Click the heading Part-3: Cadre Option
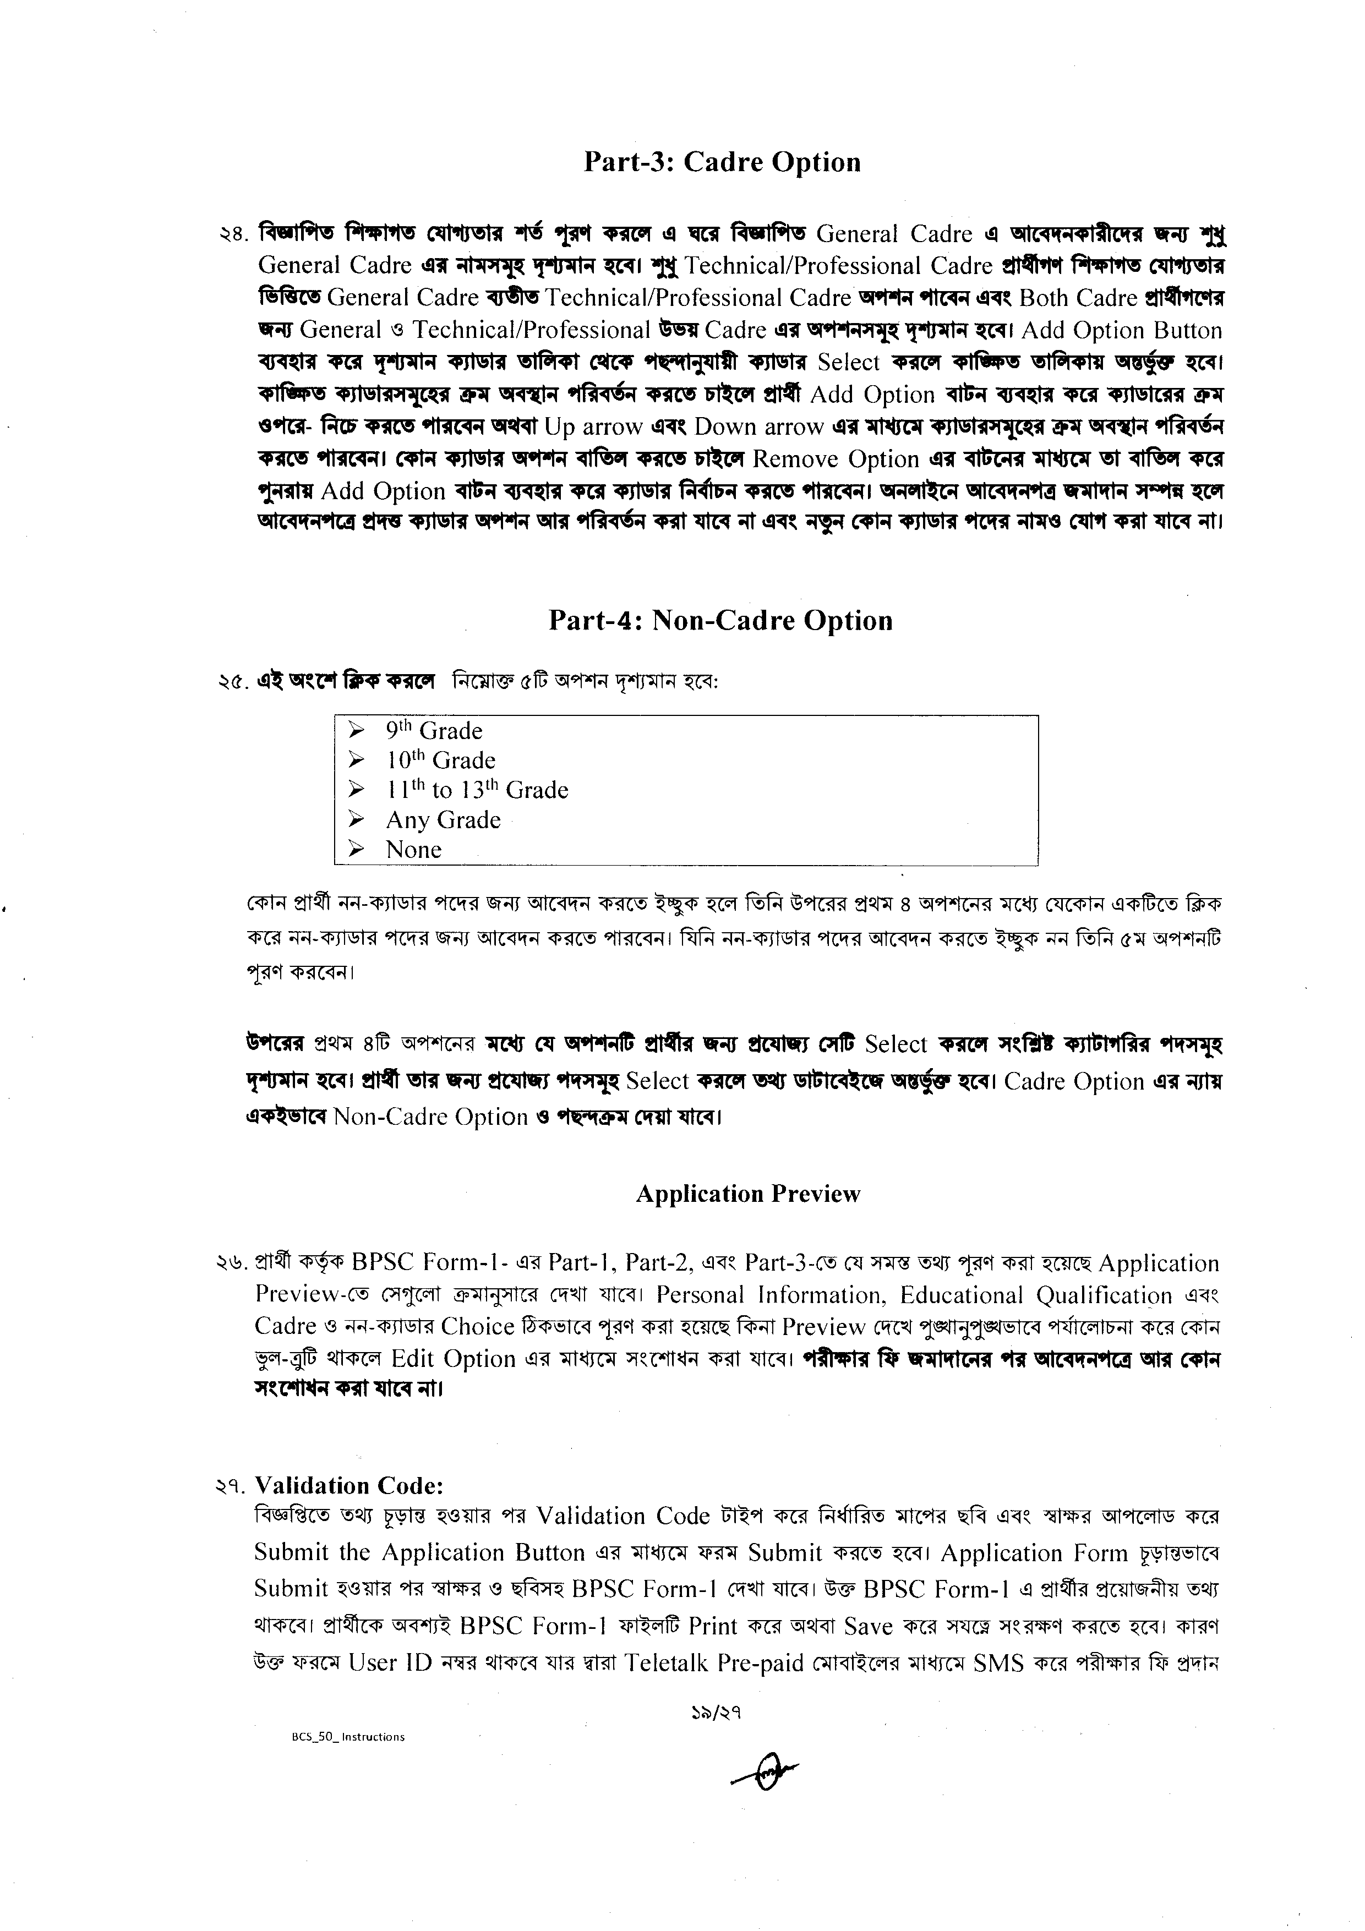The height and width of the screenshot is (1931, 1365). tap(722, 162)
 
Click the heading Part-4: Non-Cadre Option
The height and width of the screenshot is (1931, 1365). tap(720, 621)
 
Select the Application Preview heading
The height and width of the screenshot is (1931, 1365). tap(747, 1194)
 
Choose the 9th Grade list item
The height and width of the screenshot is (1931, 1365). tap(434, 730)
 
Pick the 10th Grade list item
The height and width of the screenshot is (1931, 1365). tap(441, 761)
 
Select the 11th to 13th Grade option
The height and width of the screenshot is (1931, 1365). tap(477, 790)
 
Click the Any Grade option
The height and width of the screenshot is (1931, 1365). tap(443, 820)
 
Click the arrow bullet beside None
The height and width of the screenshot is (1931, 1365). tap(357, 850)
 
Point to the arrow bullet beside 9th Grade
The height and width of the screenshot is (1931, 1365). tap(357, 730)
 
